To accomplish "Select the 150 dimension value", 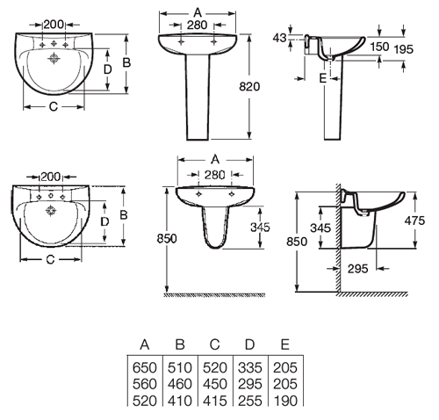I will [378, 46].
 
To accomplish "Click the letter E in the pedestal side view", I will [323, 78].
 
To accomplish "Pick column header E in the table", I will [284, 344].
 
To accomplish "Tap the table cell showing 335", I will [249, 367].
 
